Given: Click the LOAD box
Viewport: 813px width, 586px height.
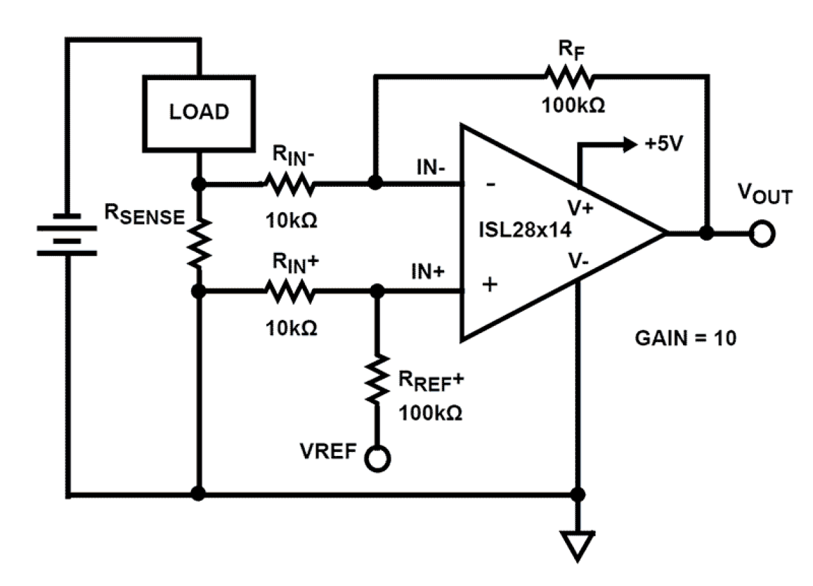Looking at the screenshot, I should point(199,112).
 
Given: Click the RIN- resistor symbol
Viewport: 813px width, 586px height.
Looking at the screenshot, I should point(288,185).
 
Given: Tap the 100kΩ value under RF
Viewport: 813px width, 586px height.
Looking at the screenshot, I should point(574,106).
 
